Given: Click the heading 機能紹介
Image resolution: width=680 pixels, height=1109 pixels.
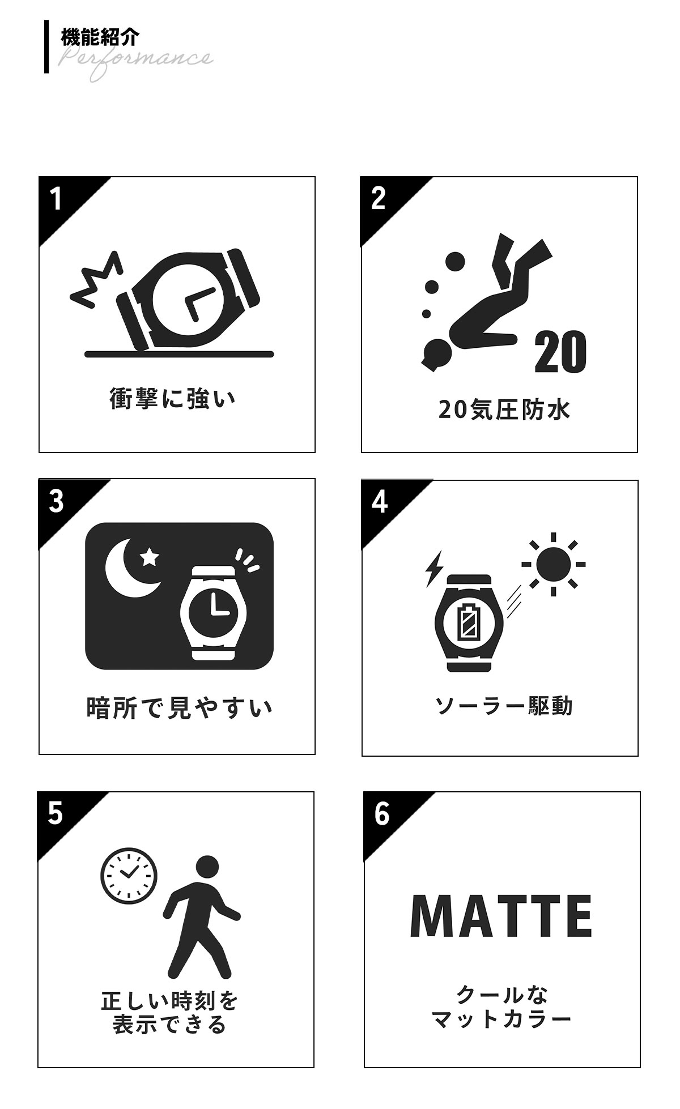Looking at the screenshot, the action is coord(99,38).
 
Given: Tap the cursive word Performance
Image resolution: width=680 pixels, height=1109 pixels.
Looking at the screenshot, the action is coord(136,61).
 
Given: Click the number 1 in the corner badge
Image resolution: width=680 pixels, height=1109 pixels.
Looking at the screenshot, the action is coord(56,198).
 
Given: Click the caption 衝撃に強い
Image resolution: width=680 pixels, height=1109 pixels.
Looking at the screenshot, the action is coord(172,399).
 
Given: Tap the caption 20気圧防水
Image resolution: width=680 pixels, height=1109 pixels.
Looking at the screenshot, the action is coord(504,410).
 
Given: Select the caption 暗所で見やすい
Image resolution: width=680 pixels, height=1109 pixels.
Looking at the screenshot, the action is coord(180,707).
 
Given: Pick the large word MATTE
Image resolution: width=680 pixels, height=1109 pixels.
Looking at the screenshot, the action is coord(501,916).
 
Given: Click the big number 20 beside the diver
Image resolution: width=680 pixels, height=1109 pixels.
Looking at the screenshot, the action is coord(560,352).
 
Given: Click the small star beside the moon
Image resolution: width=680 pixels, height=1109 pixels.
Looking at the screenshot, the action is coord(150,557).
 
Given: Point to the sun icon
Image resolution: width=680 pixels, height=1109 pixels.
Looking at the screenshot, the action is coord(554,564).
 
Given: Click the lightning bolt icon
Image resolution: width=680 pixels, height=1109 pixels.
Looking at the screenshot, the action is coord(433,568).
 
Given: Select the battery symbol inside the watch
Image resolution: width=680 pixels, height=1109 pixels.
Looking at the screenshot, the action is coord(468,622).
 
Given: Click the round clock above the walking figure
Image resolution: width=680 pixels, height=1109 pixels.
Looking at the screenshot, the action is coord(129,876).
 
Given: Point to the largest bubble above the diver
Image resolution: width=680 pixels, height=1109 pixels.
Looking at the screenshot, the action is coord(454,262).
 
